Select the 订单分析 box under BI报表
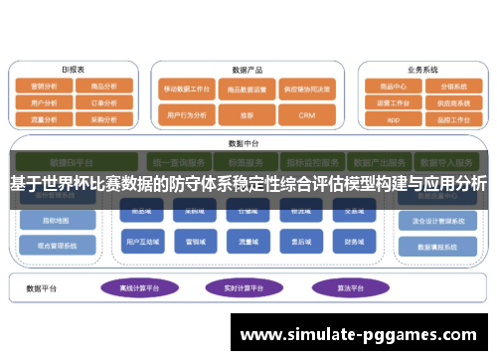tap(103, 101)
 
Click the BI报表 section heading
tap(73, 70)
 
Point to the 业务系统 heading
tap(422, 70)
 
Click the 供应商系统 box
tap(452, 101)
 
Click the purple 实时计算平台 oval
tap(244, 288)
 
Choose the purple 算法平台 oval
tap(346, 288)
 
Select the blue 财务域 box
tap(354, 241)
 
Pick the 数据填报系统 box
tap(433, 245)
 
